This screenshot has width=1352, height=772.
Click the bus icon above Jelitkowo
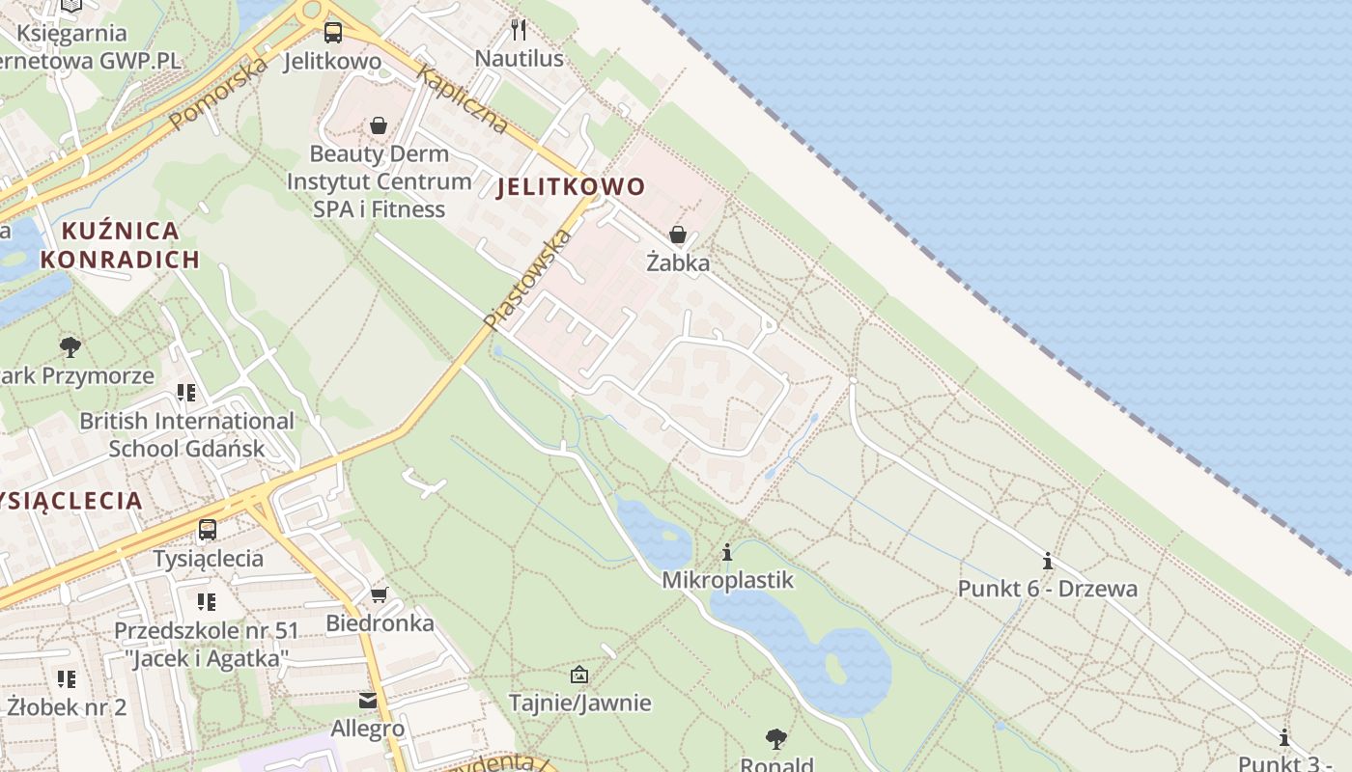point(333,32)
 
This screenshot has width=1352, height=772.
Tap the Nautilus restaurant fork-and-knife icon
point(519,29)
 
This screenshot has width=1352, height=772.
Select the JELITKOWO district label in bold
point(571,187)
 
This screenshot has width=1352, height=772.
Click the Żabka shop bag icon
point(678,234)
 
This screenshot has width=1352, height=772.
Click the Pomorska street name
point(218,93)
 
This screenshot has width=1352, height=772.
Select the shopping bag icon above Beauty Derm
point(379,125)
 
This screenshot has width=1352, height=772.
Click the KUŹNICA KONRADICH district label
point(121,245)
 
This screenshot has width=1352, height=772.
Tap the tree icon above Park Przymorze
point(70,346)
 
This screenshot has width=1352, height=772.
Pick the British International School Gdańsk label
point(186,434)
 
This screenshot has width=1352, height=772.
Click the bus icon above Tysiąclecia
point(208,529)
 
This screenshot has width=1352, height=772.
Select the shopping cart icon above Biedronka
point(380,594)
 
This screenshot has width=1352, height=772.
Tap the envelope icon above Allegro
point(368,700)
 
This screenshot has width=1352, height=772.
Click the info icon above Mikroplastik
point(727,552)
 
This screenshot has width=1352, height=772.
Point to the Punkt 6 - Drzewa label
point(1048,589)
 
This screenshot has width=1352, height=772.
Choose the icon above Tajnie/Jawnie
point(579,674)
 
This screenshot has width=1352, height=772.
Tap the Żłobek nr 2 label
point(67,706)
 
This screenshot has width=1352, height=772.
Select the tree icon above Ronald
point(775,739)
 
